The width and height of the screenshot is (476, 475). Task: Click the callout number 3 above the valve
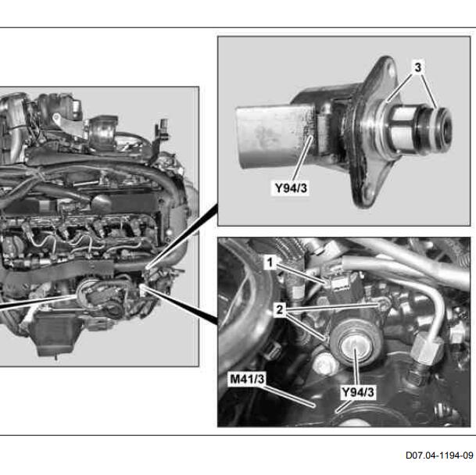point(417,67)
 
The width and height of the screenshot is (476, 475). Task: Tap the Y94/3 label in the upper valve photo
point(291,187)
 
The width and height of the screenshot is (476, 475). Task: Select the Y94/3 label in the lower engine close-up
point(358,392)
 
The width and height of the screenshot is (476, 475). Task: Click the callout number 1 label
point(270,262)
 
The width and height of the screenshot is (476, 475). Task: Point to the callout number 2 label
point(279,310)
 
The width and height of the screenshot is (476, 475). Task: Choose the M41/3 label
point(247,379)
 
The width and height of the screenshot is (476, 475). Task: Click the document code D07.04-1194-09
point(439,455)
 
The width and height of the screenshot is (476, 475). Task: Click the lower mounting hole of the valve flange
point(368,195)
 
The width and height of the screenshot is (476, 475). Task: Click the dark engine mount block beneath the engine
point(55,334)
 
